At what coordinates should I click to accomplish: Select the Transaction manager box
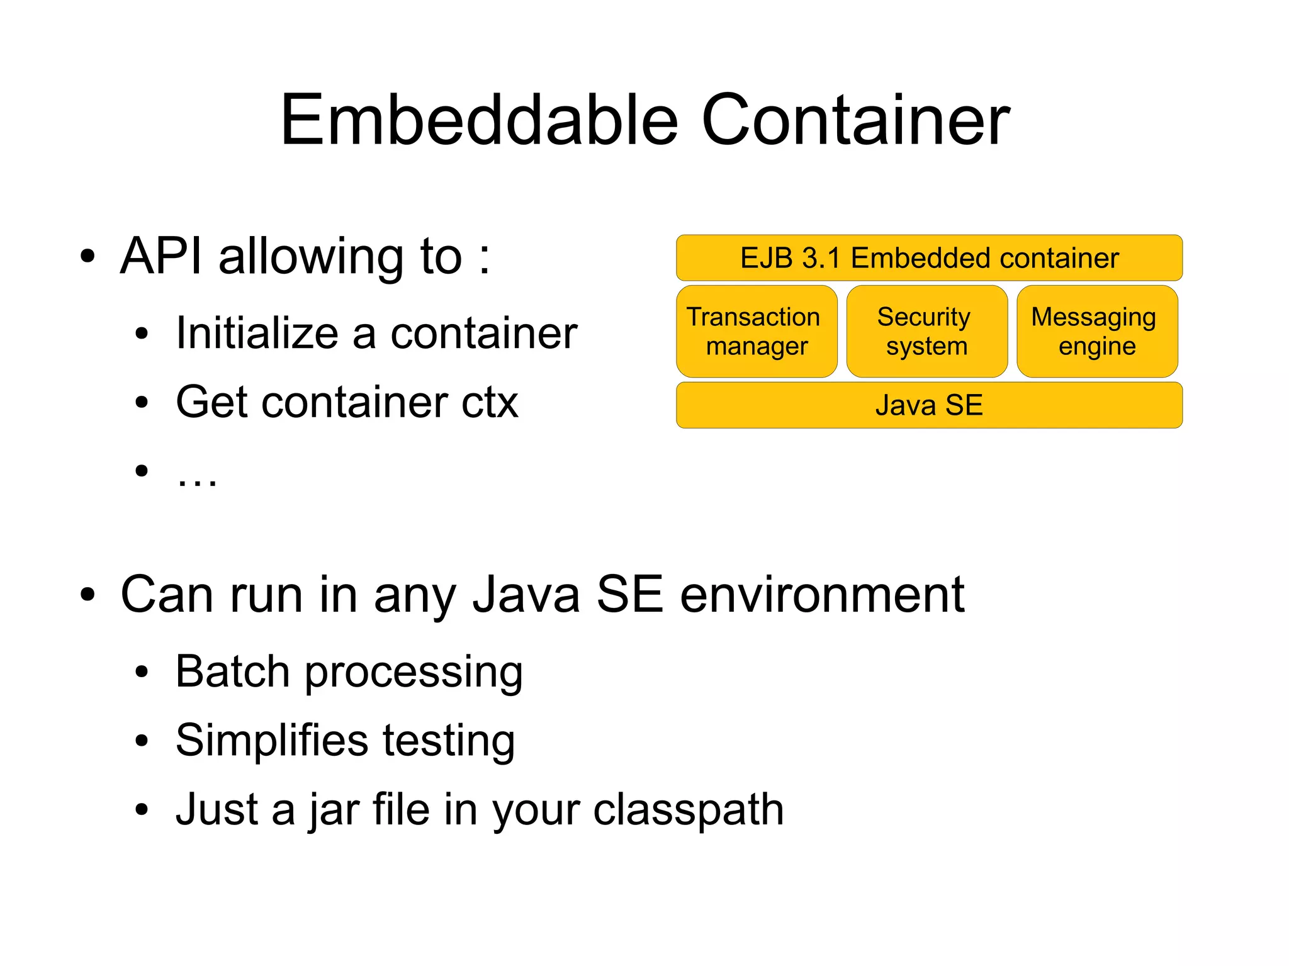[757, 332]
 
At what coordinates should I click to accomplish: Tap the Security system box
[926, 332]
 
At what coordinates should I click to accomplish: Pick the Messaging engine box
[1096, 332]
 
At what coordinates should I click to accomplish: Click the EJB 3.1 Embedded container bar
[929, 258]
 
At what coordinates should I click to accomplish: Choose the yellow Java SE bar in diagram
[929, 405]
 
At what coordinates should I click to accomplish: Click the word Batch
[232, 671]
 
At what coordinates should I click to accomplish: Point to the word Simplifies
[271, 740]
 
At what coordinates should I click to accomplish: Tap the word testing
[449, 741]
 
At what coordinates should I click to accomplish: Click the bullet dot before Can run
[87, 595]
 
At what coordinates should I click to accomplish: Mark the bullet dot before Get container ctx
[142, 402]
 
